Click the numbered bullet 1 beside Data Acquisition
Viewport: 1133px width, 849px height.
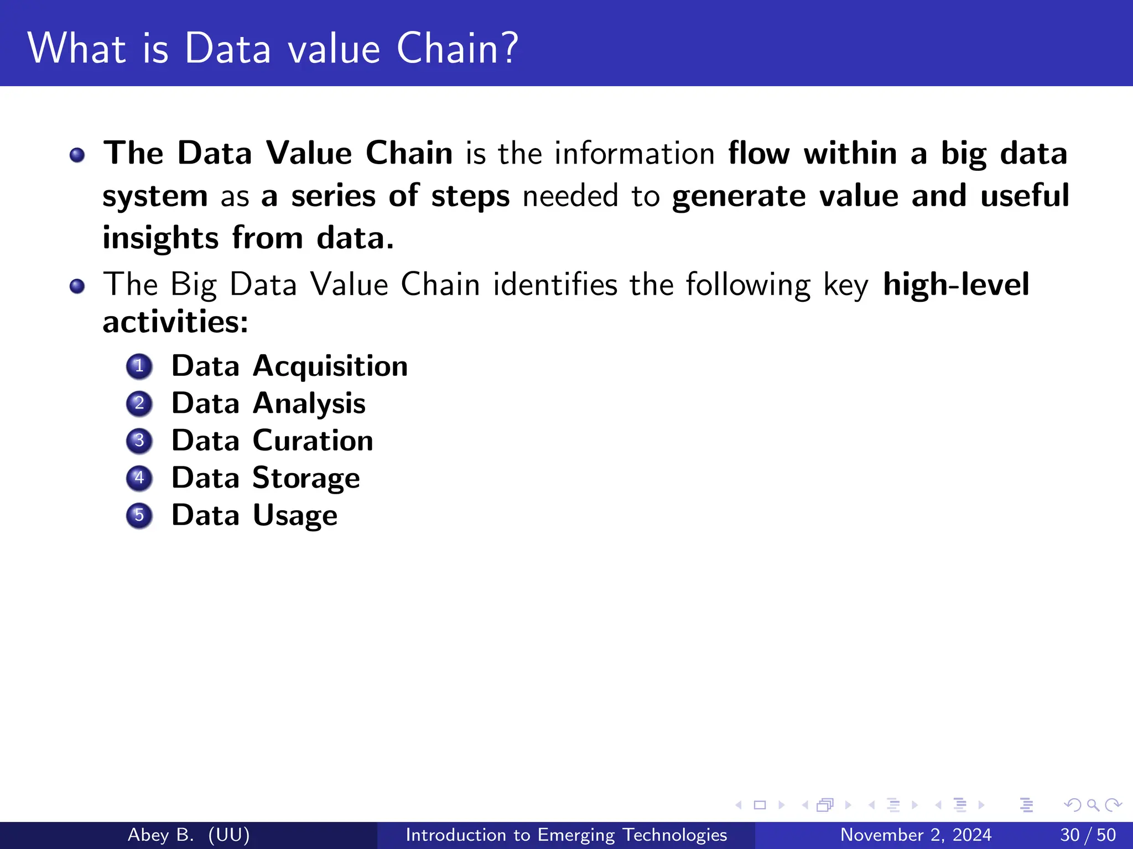(x=139, y=366)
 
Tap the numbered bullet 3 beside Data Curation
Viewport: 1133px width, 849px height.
(x=139, y=441)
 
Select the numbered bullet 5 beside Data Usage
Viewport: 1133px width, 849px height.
(x=139, y=516)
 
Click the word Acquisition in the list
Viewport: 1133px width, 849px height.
(x=330, y=366)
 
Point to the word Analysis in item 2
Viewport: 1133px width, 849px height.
(x=309, y=403)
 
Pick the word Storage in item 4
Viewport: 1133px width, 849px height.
(x=306, y=478)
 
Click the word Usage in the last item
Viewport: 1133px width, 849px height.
(x=295, y=516)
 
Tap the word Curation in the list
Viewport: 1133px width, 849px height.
(x=313, y=441)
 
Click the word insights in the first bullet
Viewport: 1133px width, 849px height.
(x=160, y=238)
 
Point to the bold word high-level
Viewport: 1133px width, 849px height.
(x=955, y=285)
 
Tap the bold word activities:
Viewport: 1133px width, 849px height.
(x=175, y=322)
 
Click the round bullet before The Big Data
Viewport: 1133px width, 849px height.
(x=77, y=286)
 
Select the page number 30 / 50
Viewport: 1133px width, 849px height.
(x=1088, y=835)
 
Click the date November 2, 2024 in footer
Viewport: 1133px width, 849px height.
(x=916, y=835)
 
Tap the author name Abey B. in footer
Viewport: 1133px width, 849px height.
(x=160, y=835)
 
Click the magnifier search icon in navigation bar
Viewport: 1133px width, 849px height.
(x=1093, y=805)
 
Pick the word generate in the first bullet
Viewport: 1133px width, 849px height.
(x=739, y=196)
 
